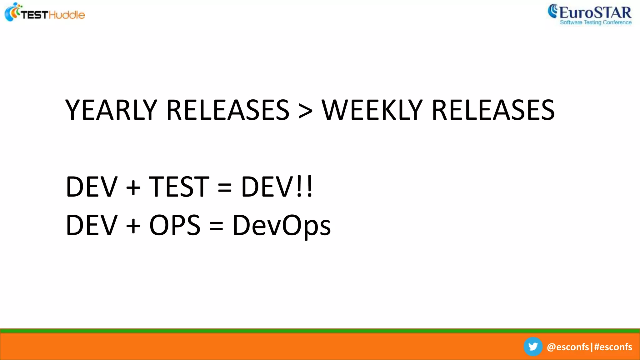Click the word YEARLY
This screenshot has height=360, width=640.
111,110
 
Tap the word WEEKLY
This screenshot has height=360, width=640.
372,110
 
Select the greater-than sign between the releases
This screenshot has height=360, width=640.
305,111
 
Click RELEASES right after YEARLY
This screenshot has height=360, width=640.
228,110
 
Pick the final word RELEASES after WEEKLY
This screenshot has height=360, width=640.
493,110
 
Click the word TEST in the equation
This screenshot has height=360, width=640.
179,187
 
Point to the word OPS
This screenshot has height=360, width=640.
175,225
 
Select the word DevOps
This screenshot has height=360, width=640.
282,226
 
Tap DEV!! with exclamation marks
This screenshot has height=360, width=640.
277,187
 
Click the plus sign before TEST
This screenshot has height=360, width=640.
133,188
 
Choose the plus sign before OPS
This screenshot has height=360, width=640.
133,226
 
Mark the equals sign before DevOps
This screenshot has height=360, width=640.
216,226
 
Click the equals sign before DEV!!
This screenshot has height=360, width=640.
225,188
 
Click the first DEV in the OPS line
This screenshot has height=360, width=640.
92,225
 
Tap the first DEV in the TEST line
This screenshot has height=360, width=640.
92,187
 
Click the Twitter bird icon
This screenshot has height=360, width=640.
533,347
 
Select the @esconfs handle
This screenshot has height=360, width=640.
567,347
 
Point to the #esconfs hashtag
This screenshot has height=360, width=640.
613,347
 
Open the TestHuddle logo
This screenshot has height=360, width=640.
45,13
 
